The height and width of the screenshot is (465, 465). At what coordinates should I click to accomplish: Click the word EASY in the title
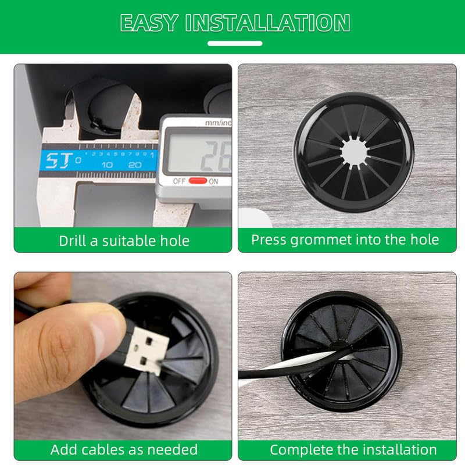(149, 23)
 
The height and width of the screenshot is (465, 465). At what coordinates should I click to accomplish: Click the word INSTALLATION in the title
(267, 23)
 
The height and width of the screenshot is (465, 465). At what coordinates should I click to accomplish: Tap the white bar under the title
(235, 43)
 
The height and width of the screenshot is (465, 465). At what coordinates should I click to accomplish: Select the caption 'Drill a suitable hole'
(124, 241)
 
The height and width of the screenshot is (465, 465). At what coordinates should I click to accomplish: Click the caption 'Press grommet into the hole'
(345, 239)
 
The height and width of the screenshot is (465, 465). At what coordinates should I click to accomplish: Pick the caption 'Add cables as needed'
(124, 449)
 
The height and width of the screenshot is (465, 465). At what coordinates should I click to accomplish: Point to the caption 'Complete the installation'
(353, 449)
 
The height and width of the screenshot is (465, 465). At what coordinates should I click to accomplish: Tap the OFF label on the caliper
(179, 181)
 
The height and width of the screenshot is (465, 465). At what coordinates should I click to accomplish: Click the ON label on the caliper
(213, 181)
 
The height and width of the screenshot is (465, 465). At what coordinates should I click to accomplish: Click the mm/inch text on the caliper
(217, 123)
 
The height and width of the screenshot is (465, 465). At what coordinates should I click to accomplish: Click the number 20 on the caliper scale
(134, 165)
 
